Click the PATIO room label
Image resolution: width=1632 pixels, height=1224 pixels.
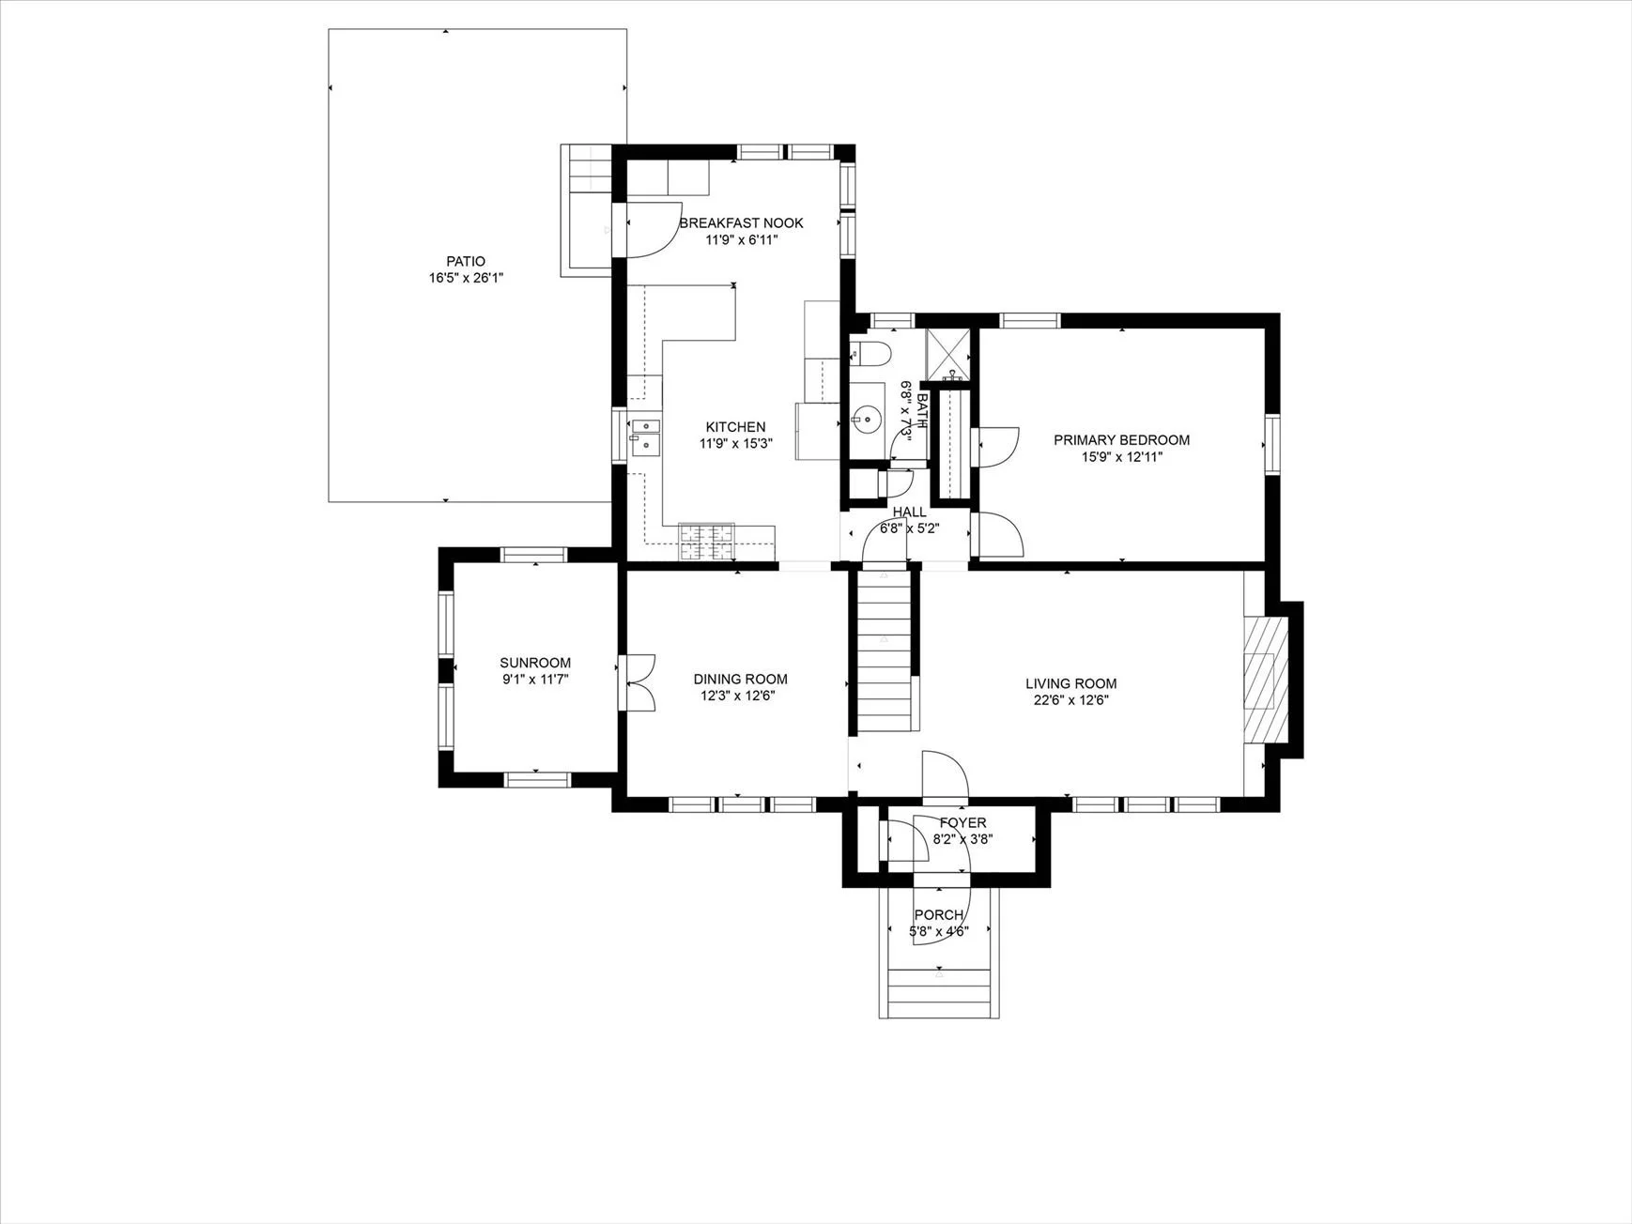[x=466, y=261]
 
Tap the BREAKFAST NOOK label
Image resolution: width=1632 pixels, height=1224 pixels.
[x=741, y=222]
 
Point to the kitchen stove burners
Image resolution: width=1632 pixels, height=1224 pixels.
[x=707, y=543]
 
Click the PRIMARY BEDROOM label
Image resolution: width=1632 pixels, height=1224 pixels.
[x=1121, y=440]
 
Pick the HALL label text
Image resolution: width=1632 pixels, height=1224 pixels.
[x=909, y=512]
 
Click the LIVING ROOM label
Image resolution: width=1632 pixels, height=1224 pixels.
[x=1070, y=684]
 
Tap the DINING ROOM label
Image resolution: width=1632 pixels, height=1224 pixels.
[x=740, y=679]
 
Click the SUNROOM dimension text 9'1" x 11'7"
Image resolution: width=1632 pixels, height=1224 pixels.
[x=535, y=679]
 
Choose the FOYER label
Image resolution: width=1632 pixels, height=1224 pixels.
[x=962, y=823]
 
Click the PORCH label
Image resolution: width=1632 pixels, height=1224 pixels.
[x=938, y=915]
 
